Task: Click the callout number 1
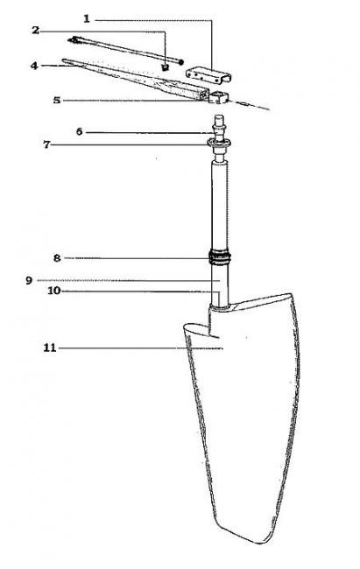coord(87,19)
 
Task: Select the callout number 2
coord(35,30)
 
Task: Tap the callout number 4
coord(34,66)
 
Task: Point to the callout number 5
coord(57,100)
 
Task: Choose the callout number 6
coord(79,131)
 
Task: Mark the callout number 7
coord(46,144)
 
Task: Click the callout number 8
coord(57,258)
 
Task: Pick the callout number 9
coord(29,280)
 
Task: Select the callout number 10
coord(53,291)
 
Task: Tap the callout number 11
coord(50,348)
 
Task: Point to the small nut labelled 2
coord(165,67)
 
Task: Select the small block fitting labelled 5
coord(219,97)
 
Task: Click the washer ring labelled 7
coord(219,144)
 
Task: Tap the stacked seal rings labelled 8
coord(220,257)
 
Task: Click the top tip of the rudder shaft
coord(219,116)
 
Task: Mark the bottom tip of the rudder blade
coord(260,543)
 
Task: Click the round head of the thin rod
coord(180,62)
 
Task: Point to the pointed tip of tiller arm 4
coord(64,60)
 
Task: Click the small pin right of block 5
coord(244,104)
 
